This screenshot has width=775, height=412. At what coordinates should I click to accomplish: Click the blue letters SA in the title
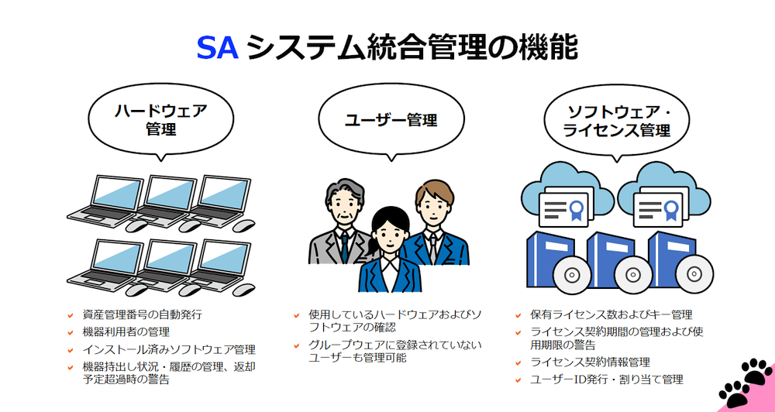(218, 48)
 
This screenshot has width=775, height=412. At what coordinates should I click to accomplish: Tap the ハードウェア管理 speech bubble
(160, 121)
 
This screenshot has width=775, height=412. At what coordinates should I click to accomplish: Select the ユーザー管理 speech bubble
(391, 121)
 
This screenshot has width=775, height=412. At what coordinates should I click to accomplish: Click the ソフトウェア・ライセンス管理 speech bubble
(617, 121)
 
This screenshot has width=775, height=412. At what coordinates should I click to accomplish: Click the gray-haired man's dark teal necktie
(345, 247)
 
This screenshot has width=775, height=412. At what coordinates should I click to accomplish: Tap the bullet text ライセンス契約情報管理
(590, 362)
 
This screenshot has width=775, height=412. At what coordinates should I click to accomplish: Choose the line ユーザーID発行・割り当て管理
(607, 380)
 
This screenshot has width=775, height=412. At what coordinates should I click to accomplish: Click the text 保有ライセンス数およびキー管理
(611, 314)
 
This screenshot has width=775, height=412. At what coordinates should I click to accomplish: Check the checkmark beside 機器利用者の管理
(71, 332)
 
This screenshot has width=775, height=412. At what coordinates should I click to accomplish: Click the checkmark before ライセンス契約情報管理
(518, 362)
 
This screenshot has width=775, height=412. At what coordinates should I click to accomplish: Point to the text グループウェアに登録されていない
(395, 345)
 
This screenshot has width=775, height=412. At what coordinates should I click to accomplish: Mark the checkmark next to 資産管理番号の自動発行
(71, 314)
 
